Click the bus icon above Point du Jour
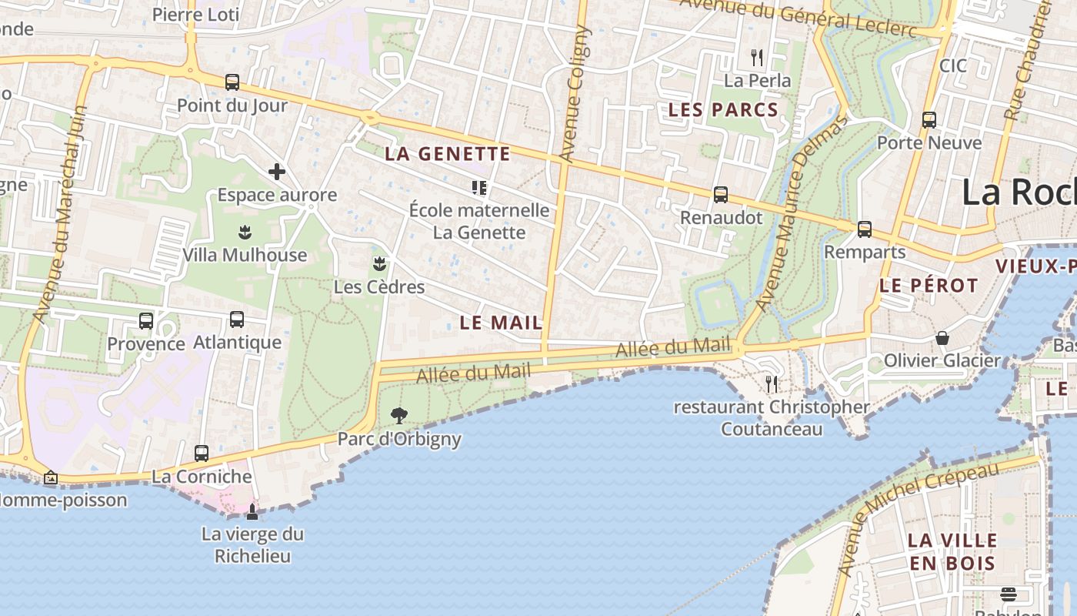pyautogui.click(x=232, y=82)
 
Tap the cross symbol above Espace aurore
pyautogui.click(x=277, y=172)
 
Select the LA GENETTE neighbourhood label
pyautogui.click(x=447, y=154)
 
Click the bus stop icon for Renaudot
pyautogui.click(x=720, y=195)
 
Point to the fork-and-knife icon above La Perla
pyautogui.click(x=757, y=57)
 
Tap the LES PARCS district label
pyautogui.click(x=723, y=110)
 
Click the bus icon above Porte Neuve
pyautogui.click(x=929, y=120)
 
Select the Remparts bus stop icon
pyautogui.click(x=865, y=229)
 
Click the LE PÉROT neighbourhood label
pyautogui.click(x=929, y=286)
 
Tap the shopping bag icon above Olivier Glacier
pyautogui.click(x=942, y=338)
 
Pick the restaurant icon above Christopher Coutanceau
pyautogui.click(x=772, y=383)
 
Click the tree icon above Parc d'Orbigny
pyautogui.click(x=398, y=416)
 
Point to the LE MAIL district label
pyautogui.click(x=501, y=323)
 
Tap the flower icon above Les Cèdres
pyautogui.click(x=378, y=264)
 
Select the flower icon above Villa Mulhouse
pyautogui.click(x=245, y=231)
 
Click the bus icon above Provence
pyautogui.click(x=146, y=320)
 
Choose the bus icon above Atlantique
pyautogui.click(x=237, y=319)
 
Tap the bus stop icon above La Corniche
pyautogui.click(x=202, y=454)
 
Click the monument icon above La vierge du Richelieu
pyautogui.click(x=252, y=511)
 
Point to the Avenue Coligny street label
pyautogui.click(x=573, y=94)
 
